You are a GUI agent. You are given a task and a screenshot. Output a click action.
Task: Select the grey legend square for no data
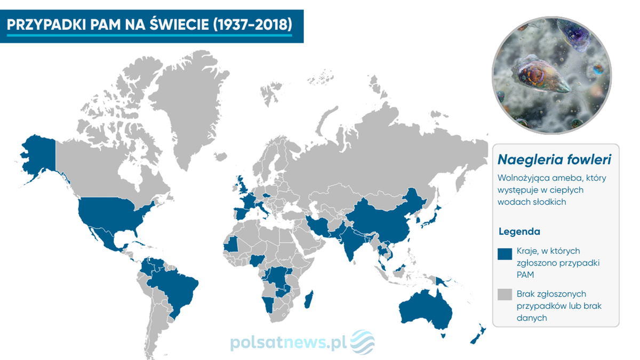click(505, 295)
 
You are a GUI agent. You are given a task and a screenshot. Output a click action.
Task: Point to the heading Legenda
click(519, 232)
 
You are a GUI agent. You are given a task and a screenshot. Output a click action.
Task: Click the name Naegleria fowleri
click(554, 160)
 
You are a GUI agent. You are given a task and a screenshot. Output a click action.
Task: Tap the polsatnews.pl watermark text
click(289, 343)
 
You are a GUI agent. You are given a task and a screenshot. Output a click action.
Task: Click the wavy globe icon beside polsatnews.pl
click(362, 342)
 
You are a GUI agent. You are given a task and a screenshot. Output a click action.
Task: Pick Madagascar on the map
click(308, 299)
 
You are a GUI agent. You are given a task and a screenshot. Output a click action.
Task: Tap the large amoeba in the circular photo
click(539, 75)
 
